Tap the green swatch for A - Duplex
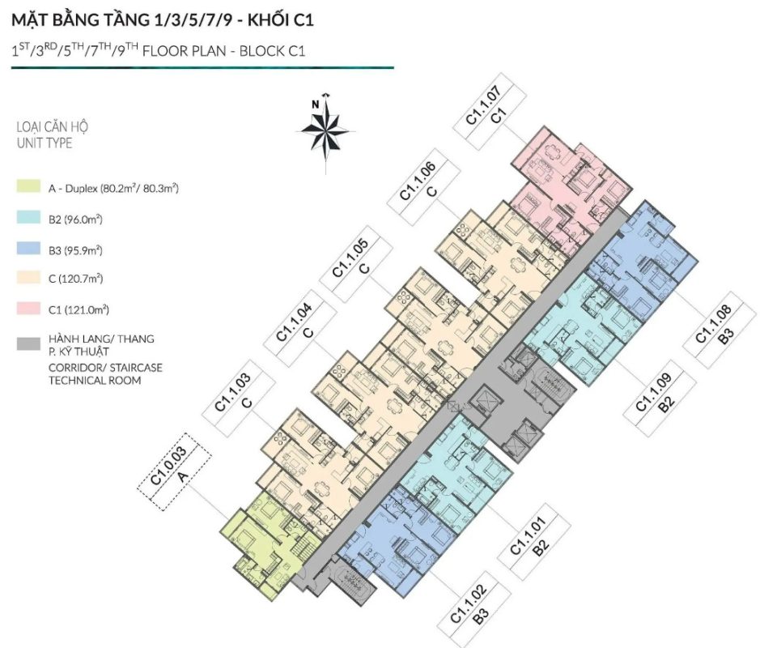[x=28, y=186]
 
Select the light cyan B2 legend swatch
[x=28, y=217]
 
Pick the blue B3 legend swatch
[x=28, y=248]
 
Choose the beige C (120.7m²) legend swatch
[x=28, y=278]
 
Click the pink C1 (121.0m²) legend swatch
[x=28, y=309]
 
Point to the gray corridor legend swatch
[x=28, y=344]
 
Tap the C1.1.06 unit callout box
[x=423, y=186]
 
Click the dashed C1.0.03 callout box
[x=174, y=471]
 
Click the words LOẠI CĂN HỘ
[x=53, y=127]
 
